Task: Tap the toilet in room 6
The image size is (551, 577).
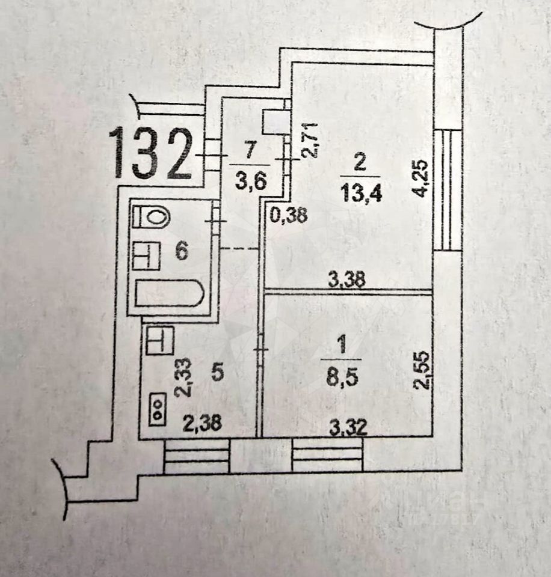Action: pyautogui.click(x=151, y=216)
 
